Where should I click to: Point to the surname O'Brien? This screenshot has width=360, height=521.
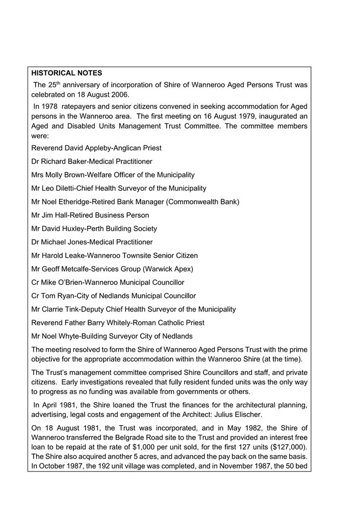(x=73, y=282)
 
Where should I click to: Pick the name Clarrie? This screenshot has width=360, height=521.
(x=55, y=309)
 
